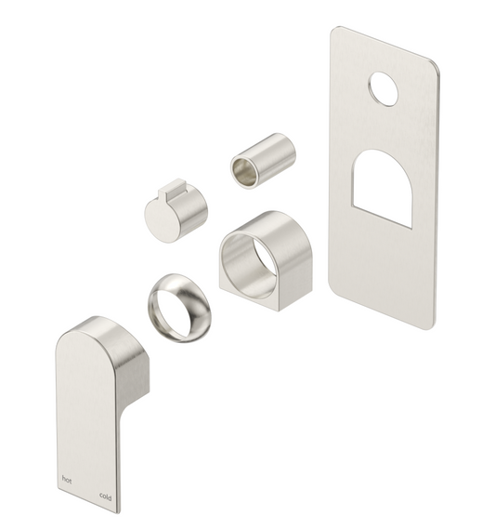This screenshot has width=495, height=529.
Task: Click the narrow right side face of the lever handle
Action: point(130,409)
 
